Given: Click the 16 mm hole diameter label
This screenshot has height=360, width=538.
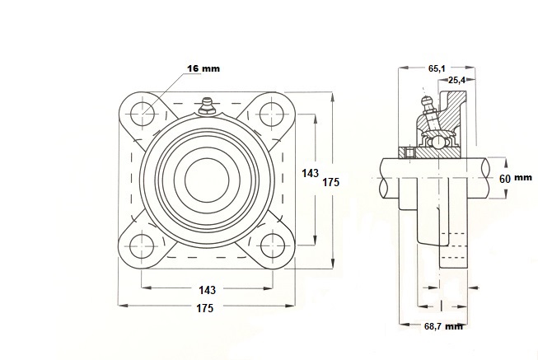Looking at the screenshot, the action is coord(204,68).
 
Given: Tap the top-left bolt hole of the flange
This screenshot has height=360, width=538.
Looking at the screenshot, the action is coord(143,115).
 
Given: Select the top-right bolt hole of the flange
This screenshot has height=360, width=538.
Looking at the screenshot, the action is coord(273,115).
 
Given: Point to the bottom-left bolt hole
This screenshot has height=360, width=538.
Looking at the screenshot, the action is coord(142,246).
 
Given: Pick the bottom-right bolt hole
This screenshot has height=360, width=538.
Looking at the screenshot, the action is coord(273,246).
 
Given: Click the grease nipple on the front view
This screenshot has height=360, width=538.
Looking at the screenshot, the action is coord(207,105).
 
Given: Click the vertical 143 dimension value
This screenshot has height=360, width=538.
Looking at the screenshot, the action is coord(310,174).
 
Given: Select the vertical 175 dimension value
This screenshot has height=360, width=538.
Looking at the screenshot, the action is coord(330,182).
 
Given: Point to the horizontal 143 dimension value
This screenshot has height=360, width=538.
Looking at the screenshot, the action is coord(208,290).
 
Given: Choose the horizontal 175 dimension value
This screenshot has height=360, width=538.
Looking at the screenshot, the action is coord(205,308).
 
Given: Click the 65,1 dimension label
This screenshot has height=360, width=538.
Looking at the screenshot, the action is coord(437,68).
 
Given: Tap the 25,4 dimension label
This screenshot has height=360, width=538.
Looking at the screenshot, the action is coord(457,80).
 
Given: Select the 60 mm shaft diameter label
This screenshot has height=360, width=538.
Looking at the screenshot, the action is coord(516,178).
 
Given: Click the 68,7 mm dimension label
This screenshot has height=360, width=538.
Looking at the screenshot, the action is coord(443,326).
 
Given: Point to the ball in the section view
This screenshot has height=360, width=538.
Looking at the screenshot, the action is coord(437,141).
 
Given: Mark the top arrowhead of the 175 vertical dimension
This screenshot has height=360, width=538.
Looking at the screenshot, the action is coord(332,96).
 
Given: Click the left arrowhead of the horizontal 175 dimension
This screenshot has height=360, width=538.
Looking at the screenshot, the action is coord(123,306).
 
